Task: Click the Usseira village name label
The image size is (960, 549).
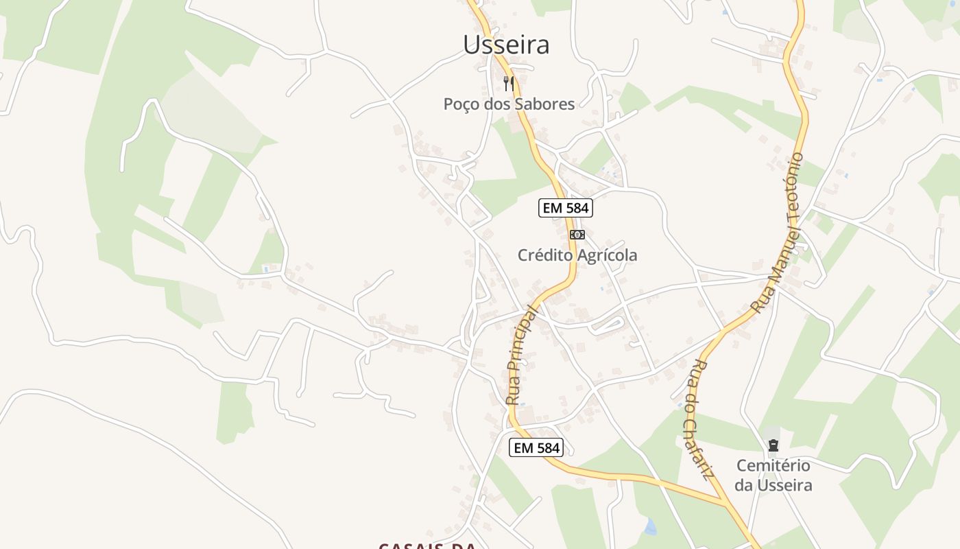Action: pyautogui.click(x=506, y=45)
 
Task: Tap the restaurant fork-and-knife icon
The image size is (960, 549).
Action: pyautogui.click(x=509, y=84)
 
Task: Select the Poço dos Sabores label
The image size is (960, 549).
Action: pyautogui.click(x=509, y=104)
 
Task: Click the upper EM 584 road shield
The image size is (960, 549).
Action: pyautogui.click(x=565, y=208)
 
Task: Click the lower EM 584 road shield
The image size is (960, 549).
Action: pyautogui.click(x=536, y=448)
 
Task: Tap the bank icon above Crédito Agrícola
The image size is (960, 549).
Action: pyautogui.click(x=577, y=235)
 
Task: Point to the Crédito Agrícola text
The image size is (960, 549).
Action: pyautogui.click(x=577, y=255)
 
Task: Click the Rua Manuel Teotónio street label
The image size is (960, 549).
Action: pyautogui.click(x=778, y=233)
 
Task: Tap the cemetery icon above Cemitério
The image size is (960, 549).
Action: pyautogui.click(x=773, y=447)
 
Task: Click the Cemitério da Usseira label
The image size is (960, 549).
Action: pyautogui.click(x=773, y=475)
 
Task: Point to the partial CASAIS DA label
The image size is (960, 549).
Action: pyautogui.click(x=427, y=546)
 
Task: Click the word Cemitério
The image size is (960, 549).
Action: pyautogui.click(x=773, y=466)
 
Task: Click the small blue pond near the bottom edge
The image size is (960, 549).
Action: pyautogui.click(x=649, y=527)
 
